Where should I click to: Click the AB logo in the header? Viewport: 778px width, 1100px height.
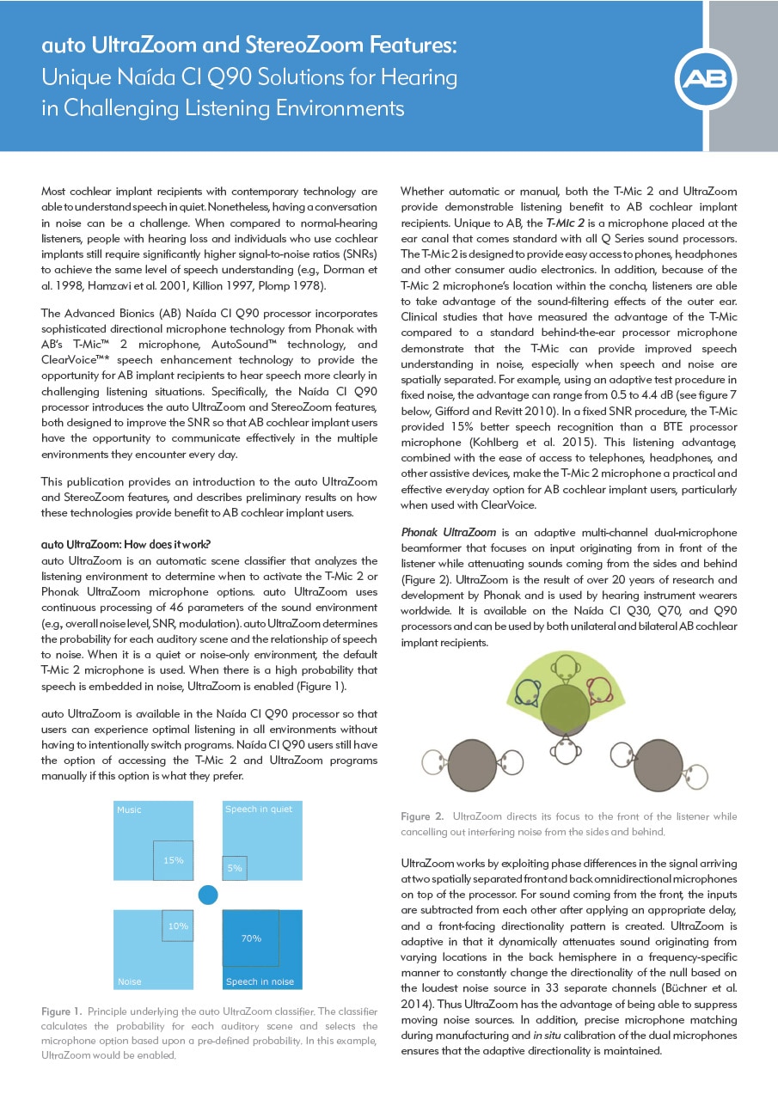[x=706, y=80]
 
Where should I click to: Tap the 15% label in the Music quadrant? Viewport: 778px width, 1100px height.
[x=174, y=860]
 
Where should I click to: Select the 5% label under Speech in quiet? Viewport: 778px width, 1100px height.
[x=235, y=869]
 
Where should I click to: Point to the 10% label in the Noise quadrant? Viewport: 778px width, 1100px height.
[x=178, y=926]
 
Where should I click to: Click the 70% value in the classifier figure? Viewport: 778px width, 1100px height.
[x=251, y=938]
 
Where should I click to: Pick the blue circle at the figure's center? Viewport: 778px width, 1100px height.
[x=208, y=895]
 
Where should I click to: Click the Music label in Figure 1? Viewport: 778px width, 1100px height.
[x=129, y=810]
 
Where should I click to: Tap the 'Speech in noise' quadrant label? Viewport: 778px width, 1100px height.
[x=260, y=981]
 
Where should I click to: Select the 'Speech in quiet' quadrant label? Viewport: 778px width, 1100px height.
[x=259, y=810]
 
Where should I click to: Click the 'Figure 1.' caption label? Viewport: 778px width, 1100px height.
[x=61, y=1011]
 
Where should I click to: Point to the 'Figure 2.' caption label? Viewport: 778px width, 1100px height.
[x=422, y=816]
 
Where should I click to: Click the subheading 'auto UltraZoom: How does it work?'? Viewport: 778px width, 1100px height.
[x=126, y=545]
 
